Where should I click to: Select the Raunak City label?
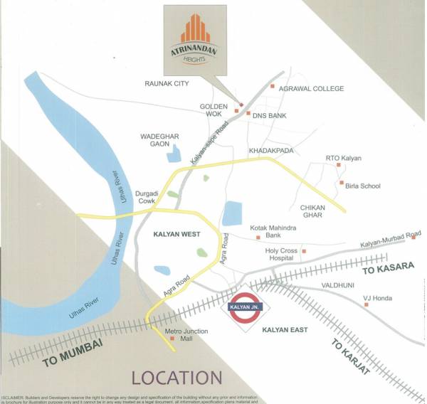click(x=167, y=83)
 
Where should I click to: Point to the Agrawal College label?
click(x=312, y=89)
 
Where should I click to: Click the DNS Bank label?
click(x=270, y=115)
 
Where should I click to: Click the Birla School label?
click(x=363, y=186)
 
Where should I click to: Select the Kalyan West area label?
click(x=177, y=234)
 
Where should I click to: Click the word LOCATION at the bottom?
click(x=177, y=378)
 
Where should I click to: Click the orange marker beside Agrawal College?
click(x=272, y=87)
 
